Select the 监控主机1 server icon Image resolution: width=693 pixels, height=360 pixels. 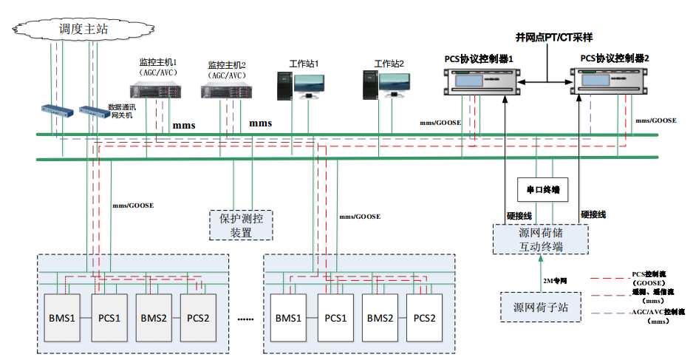coord(155,91)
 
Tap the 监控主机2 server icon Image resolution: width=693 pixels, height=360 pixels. coord(225,92)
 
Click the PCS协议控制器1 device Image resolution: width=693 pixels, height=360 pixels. coord(478,83)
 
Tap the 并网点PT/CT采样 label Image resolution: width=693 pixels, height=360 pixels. coord(554,37)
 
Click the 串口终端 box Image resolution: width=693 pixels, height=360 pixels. coord(542,190)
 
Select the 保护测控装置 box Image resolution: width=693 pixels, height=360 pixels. coord(242,225)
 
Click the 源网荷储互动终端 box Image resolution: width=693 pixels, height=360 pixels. coord(541,240)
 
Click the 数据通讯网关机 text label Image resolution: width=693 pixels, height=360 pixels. coord(122,111)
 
